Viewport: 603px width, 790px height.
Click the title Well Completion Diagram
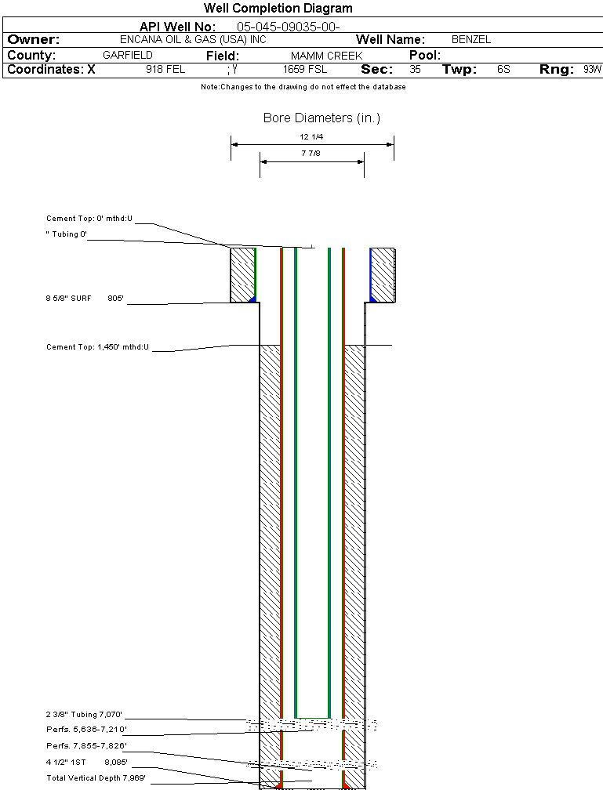point(278,9)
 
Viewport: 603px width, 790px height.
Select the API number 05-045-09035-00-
point(288,27)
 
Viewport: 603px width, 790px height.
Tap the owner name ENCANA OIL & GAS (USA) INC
point(193,40)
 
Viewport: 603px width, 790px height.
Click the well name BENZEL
point(471,40)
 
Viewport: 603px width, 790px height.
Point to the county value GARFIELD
point(128,56)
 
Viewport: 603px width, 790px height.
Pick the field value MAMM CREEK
point(326,56)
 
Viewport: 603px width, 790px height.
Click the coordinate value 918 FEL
point(165,70)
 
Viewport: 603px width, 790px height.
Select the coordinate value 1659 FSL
point(304,70)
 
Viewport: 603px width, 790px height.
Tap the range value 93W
point(592,70)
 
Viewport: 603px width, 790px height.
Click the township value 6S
point(503,70)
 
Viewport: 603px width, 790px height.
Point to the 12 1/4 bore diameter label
point(312,136)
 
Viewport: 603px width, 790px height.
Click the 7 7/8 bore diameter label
point(312,154)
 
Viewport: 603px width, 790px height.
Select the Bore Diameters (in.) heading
point(321,118)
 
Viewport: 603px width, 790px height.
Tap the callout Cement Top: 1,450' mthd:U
point(97,346)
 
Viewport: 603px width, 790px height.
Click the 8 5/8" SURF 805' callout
point(85,299)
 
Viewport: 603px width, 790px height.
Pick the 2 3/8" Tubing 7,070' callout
point(84,715)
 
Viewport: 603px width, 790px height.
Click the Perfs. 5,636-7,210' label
point(86,730)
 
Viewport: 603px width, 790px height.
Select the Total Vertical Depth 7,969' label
point(96,777)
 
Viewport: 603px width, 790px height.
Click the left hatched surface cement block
point(242,274)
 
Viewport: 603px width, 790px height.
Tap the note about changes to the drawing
point(303,87)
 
